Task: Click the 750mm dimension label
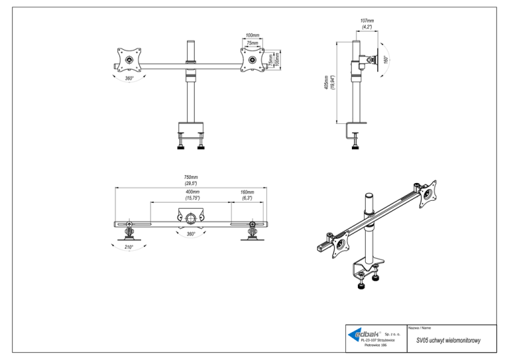(x=191, y=177)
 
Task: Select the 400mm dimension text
(x=192, y=192)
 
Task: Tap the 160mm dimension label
(x=247, y=192)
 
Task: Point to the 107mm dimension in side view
(x=367, y=21)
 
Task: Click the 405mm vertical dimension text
(x=326, y=82)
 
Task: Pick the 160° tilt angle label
(x=386, y=60)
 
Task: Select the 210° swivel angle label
(x=129, y=247)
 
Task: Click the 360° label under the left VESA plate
(x=129, y=78)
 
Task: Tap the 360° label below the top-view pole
(x=191, y=234)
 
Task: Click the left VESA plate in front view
(x=129, y=60)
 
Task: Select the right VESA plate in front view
(x=253, y=60)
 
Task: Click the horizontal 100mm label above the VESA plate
(x=253, y=35)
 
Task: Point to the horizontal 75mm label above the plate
(x=253, y=43)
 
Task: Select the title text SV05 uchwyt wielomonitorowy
(x=448, y=341)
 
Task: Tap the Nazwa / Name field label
(x=420, y=328)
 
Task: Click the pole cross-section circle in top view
(x=191, y=218)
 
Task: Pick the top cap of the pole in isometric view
(x=369, y=196)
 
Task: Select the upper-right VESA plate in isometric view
(x=428, y=194)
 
